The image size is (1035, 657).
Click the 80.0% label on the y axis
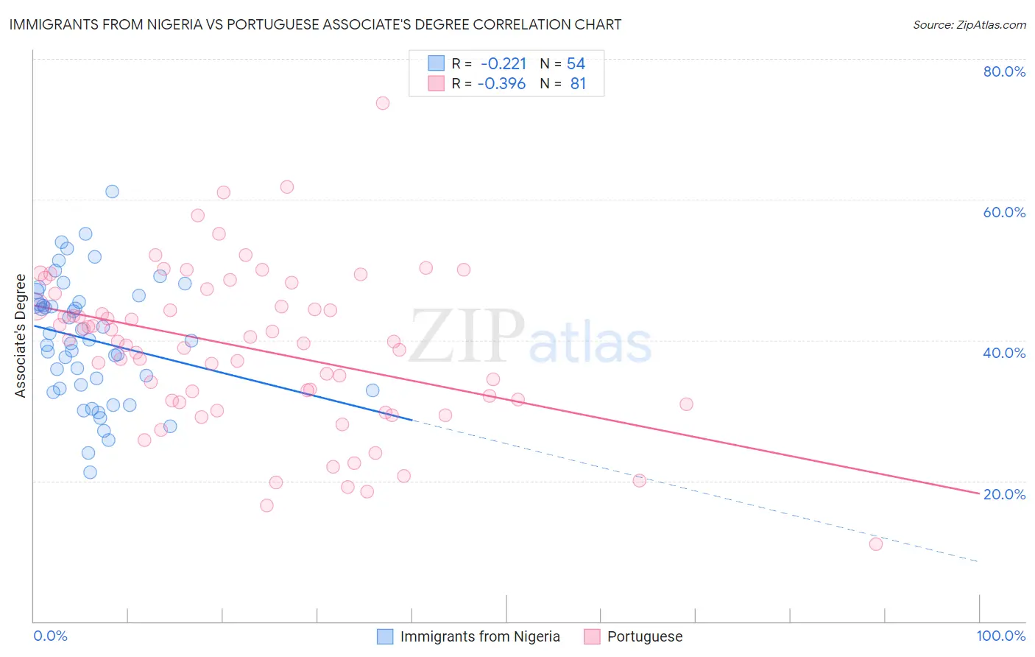click(1004, 71)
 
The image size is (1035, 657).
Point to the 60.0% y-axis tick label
click(1004, 212)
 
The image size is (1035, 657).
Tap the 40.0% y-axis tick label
click(1004, 353)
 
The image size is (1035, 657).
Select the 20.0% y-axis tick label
click(1004, 494)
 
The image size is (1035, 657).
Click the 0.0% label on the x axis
click(50, 636)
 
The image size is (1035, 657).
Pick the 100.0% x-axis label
click(1000, 636)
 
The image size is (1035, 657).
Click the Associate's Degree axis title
click(21, 336)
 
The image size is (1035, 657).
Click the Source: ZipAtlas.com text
click(969, 25)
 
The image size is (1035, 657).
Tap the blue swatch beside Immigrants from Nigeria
click(385, 636)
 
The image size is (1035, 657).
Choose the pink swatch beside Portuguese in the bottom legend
click(592, 636)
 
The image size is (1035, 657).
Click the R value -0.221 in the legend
click(504, 64)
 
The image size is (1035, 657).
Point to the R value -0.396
click(501, 84)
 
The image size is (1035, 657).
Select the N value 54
click(576, 64)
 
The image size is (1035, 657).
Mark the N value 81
click(578, 84)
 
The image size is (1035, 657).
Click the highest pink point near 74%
click(383, 103)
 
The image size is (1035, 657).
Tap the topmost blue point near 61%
click(112, 192)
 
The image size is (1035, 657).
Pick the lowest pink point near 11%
click(875, 544)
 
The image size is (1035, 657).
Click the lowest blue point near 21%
click(90, 472)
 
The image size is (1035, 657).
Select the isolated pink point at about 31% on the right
click(686, 404)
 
